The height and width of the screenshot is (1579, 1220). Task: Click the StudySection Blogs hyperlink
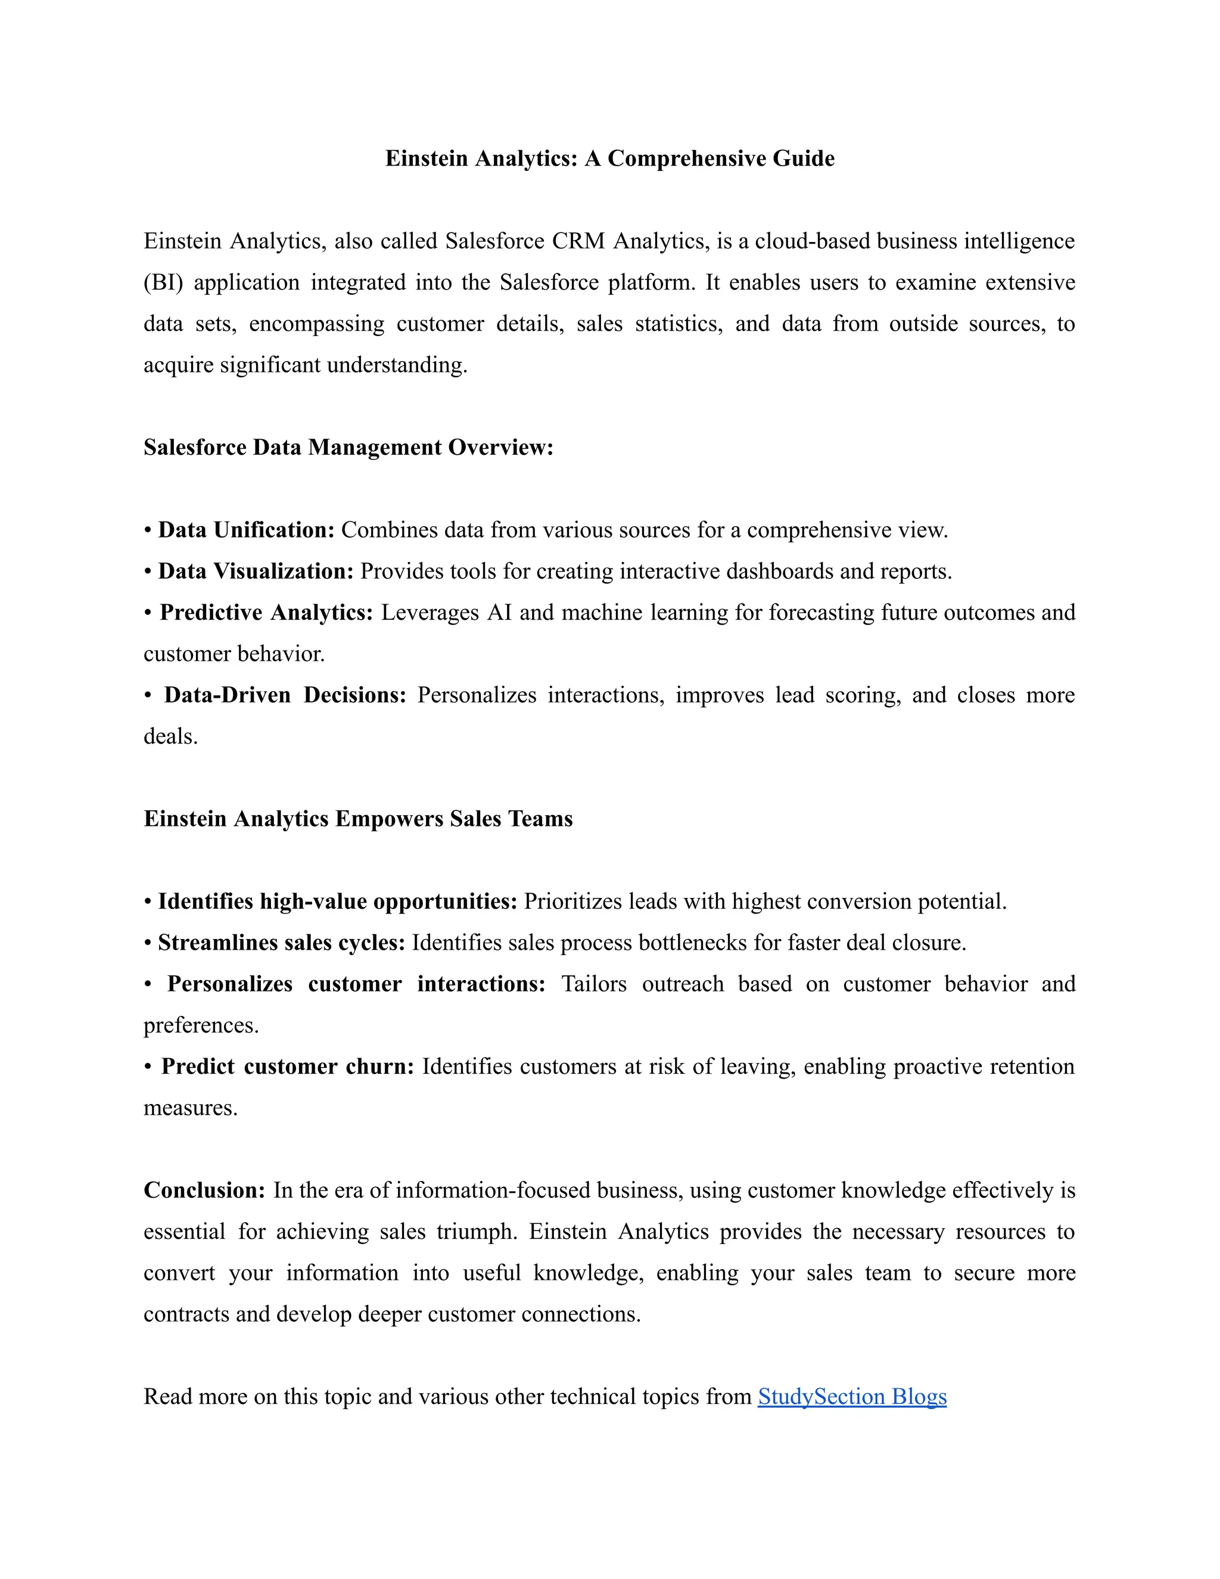point(851,1396)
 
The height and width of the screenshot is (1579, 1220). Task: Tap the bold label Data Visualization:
point(255,571)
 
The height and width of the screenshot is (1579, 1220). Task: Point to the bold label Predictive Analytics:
point(266,613)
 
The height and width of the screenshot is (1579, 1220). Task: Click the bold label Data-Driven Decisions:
point(285,695)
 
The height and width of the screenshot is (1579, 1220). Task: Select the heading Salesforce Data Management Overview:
point(348,447)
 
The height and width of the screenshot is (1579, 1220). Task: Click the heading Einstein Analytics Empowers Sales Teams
point(358,819)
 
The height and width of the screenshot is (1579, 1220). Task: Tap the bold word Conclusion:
point(204,1190)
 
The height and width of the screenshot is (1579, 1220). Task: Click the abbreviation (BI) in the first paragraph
point(163,282)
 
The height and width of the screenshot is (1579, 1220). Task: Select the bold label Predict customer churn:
point(287,1067)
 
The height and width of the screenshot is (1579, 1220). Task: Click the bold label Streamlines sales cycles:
point(281,943)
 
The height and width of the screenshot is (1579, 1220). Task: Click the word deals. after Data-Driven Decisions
point(170,736)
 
